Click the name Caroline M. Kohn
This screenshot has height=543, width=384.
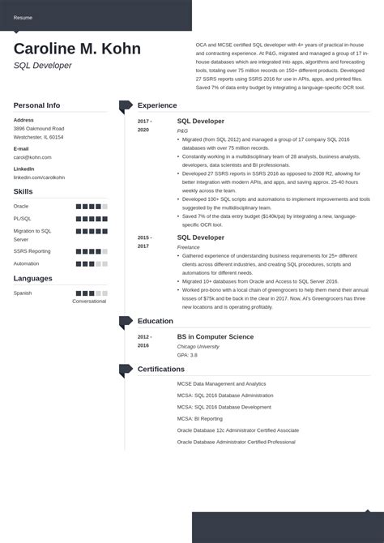pyautogui.click(x=77, y=49)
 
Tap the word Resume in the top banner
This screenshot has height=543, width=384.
pyautogui.click(x=23, y=17)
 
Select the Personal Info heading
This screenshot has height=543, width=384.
pyautogui.click(x=36, y=105)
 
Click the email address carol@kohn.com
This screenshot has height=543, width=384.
pyautogui.click(x=32, y=158)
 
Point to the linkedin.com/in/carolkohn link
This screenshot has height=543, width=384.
pyautogui.click(x=39, y=177)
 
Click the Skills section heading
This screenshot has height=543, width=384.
pyautogui.click(x=23, y=191)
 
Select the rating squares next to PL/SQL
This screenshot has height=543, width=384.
pyautogui.click(x=92, y=218)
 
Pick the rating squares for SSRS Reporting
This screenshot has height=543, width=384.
pyautogui.click(x=92, y=252)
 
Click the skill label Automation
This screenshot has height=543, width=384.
pyautogui.click(x=26, y=263)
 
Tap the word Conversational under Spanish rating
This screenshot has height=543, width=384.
pyautogui.click(x=89, y=301)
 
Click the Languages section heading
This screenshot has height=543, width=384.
pyautogui.click(x=32, y=279)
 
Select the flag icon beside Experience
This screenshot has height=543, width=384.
pyautogui.click(x=126, y=105)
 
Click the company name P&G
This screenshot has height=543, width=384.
pyautogui.click(x=183, y=130)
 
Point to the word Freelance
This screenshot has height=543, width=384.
pyautogui.click(x=190, y=246)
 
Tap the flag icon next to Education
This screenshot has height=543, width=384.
pyautogui.click(x=126, y=322)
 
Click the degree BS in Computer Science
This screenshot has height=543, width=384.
pyautogui.click(x=215, y=336)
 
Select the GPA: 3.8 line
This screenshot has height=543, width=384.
pyautogui.click(x=188, y=355)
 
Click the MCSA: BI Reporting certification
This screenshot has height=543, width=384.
pyautogui.click(x=201, y=418)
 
